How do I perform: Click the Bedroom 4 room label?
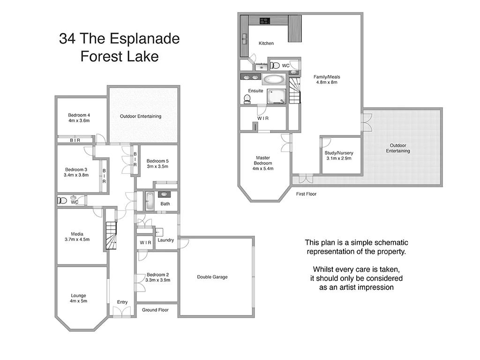tap(79, 115)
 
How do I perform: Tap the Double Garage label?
tap(212, 277)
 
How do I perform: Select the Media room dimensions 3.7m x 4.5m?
tap(77, 239)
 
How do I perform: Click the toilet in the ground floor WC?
tap(62, 201)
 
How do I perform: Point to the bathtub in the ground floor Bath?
tap(150, 201)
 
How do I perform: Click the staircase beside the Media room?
tap(111, 235)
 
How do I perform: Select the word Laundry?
tap(166, 240)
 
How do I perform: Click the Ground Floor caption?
tap(155, 310)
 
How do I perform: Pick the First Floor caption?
tap(306, 194)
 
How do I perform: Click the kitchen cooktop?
tap(264, 21)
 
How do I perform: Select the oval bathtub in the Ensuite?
tap(273, 79)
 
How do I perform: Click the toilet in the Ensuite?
tap(247, 98)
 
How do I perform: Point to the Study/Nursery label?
tap(339, 153)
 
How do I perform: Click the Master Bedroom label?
tap(263, 161)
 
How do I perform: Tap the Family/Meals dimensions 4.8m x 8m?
tap(327, 82)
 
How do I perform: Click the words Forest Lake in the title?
tap(119, 57)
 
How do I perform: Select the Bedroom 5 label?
tap(157, 161)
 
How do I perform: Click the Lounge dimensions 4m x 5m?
tap(78, 301)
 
